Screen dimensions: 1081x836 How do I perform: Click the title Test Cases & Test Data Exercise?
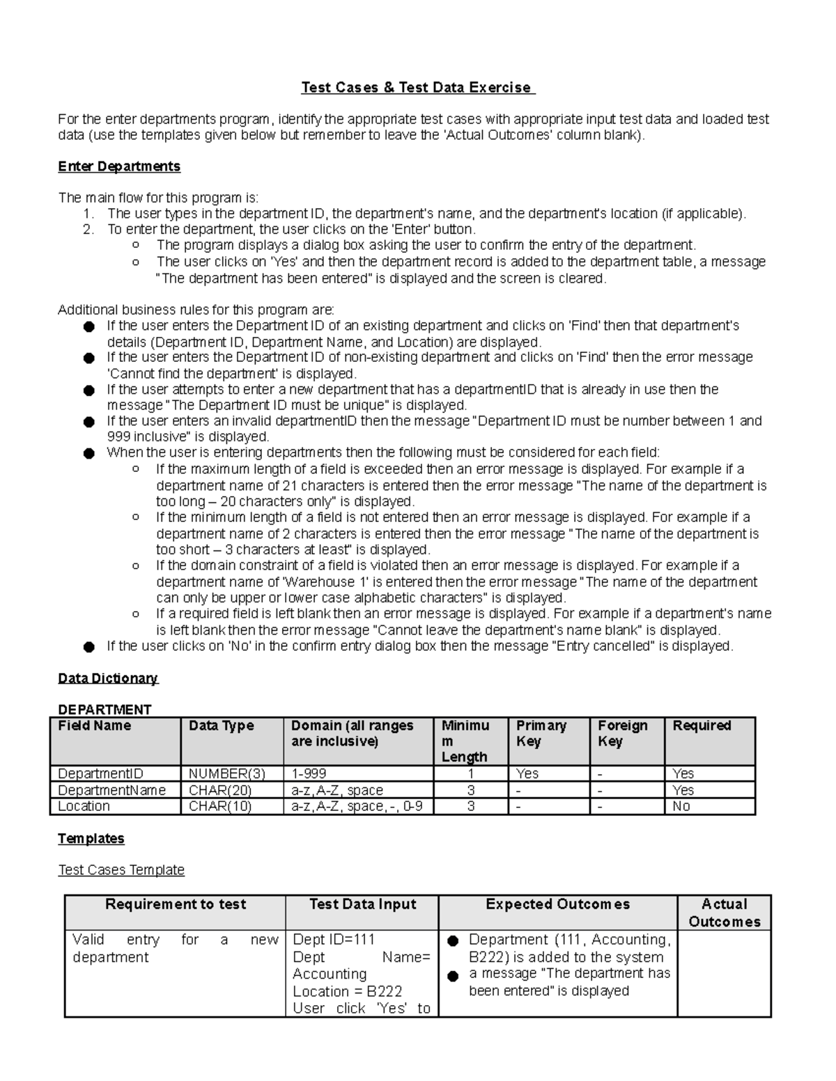(417, 88)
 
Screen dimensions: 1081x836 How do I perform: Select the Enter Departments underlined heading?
(119, 166)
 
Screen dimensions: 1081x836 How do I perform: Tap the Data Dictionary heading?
(108, 678)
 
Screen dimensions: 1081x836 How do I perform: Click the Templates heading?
(91, 838)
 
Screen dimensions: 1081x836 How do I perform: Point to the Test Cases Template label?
(121, 870)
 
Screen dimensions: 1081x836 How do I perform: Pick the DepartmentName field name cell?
(111, 790)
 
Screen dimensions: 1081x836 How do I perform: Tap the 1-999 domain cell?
(309, 773)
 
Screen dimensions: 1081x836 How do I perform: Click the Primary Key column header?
(541, 733)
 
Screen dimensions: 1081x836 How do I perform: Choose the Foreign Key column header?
(623, 733)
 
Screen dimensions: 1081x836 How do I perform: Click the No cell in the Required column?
(681, 806)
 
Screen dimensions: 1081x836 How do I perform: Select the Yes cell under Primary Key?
(527, 773)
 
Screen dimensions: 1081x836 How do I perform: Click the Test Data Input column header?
(362, 904)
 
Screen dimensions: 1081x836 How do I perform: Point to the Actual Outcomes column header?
(725, 913)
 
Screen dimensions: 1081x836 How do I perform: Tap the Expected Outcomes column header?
(557, 904)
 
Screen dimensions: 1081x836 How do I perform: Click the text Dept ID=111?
(334, 940)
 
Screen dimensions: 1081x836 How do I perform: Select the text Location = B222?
(348, 991)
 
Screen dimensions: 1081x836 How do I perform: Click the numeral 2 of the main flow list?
(87, 229)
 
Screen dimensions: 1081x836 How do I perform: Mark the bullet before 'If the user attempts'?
(88, 390)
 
